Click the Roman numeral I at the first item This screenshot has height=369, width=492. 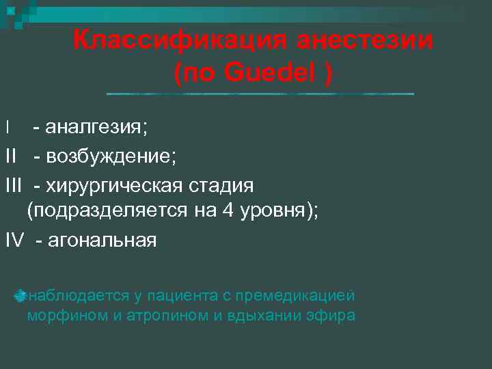pos(8,127)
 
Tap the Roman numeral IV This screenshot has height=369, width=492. pos(16,241)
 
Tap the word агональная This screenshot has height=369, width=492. pos(101,241)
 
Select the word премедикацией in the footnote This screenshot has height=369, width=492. pos(304,295)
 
